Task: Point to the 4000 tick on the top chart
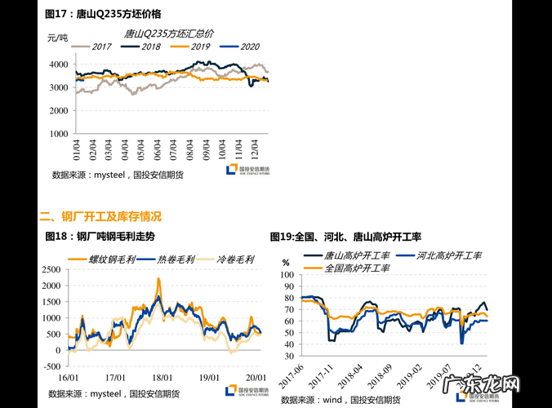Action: coord(60,64)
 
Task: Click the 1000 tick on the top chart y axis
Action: coord(60,134)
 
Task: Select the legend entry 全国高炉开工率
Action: coord(357,268)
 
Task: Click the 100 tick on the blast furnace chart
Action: coord(287,275)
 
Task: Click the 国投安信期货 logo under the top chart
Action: coord(252,171)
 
